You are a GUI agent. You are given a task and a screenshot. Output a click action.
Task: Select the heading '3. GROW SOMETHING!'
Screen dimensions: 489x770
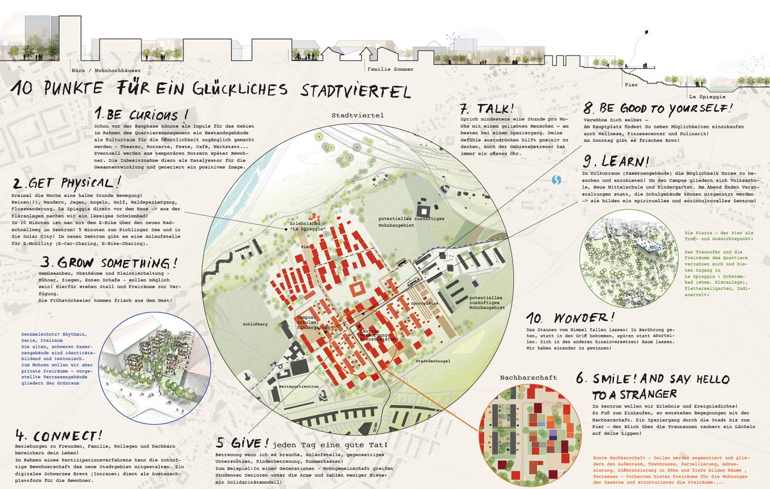pyautogui.click(x=108, y=263)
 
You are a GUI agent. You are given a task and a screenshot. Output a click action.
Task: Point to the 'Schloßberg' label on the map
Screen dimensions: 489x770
pyautogui.click(x=255, y=325)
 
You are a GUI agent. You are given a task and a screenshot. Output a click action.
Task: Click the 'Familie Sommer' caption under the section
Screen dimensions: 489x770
pyautogui.click(x=390, y=69)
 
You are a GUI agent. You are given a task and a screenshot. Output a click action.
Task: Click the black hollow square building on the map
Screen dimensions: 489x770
pyautogui.click(x=424, y=209)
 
